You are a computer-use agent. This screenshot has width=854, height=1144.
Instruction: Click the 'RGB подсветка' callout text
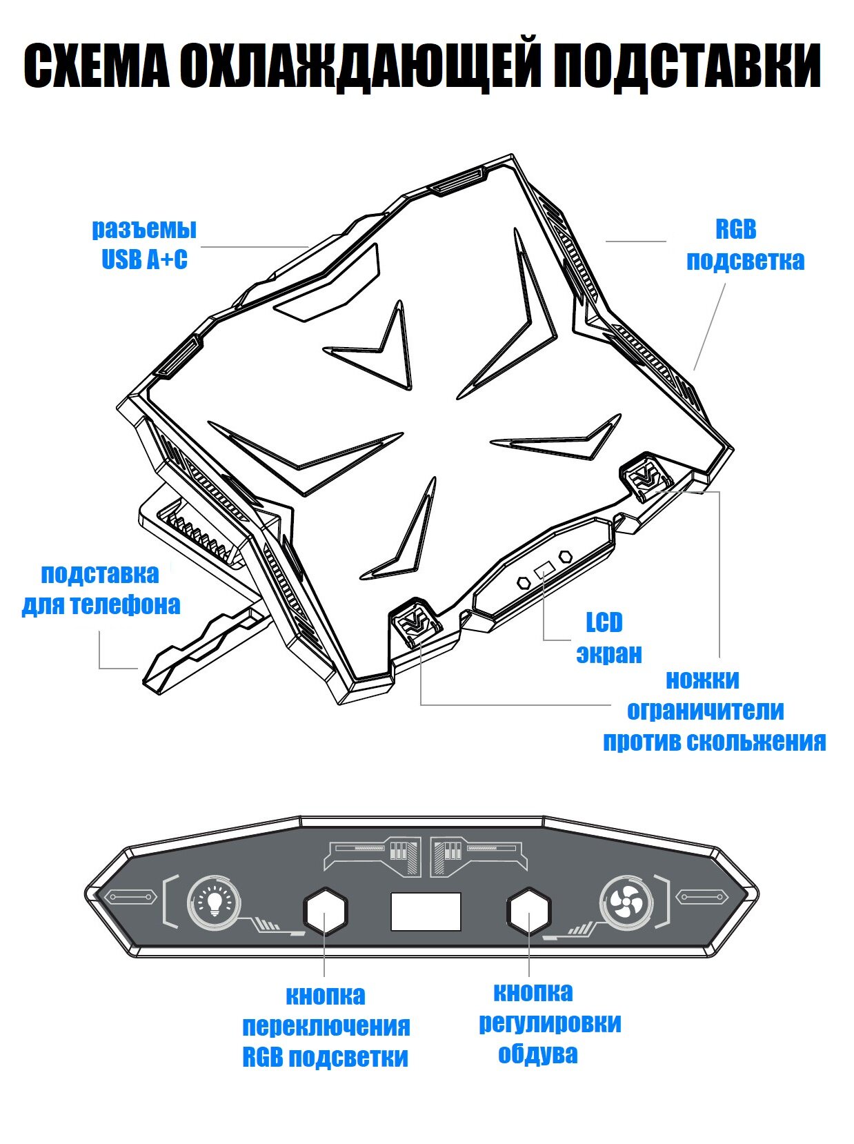[x=745, y=245]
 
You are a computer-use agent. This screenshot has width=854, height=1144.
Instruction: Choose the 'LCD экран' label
[x=608, y=638]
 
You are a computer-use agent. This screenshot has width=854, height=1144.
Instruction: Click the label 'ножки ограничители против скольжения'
[x=715, y=710]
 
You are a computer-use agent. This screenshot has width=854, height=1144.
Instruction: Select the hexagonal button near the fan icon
[x=529, y=911]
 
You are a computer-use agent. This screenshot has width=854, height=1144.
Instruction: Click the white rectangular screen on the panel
[x=426, y=911]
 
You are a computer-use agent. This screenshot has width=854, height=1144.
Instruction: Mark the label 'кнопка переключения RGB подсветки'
[x=326, y=1026]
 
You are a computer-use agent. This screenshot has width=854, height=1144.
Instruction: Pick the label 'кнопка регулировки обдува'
[x=549, y=1023]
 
